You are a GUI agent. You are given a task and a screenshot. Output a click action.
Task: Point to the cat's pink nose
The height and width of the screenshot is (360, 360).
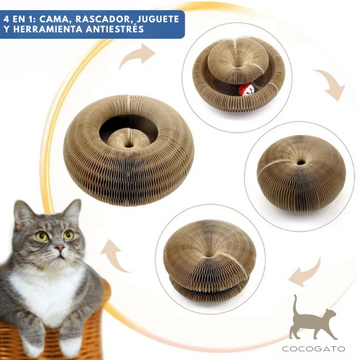(58, 249)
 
